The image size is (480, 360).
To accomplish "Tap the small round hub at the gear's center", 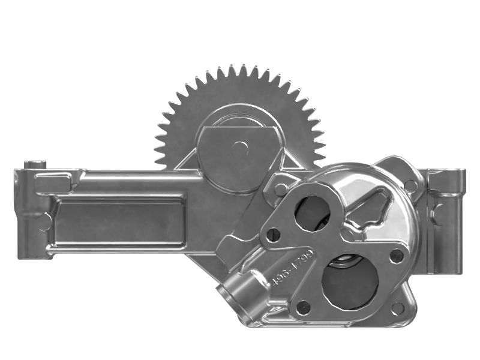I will tap(239, 147).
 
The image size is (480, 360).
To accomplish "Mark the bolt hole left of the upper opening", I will tap(274, 235).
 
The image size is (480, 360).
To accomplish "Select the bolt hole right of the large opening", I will tap(397, 257).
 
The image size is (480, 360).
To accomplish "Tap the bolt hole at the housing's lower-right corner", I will tap(397, 308).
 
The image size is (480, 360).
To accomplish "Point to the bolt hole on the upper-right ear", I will tap(410, 185).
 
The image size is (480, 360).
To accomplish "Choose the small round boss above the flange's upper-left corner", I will tap(281, 189).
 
